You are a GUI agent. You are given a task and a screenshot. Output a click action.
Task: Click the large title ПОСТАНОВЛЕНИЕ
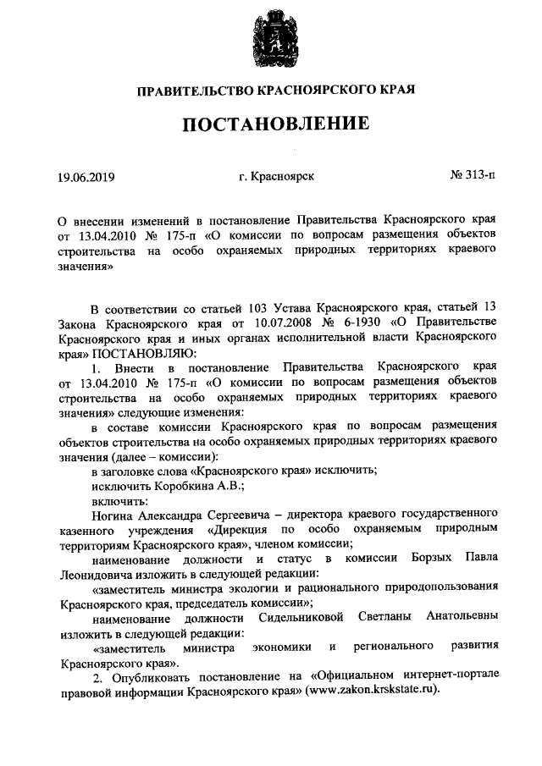click(x=270, y=124)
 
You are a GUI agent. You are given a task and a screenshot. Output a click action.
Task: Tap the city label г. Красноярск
click(x=277, y=177)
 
